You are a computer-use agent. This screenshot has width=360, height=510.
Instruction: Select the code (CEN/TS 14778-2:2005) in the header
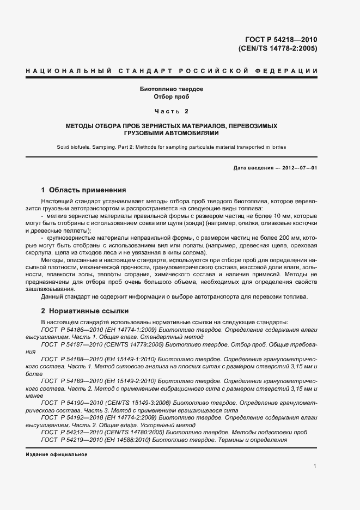(278, 48)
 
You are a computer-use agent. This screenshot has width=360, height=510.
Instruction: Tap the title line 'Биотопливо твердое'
(172, 89)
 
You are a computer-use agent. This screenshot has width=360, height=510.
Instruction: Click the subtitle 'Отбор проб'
(172, 96)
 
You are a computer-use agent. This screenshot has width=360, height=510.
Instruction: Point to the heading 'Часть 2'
(172, 112)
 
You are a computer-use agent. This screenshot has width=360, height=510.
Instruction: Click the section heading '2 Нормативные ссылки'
(85, 311)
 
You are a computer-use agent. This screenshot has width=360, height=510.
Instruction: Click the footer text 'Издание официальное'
(56, 454)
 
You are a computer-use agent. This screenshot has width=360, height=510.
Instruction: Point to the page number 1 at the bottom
(315, 466)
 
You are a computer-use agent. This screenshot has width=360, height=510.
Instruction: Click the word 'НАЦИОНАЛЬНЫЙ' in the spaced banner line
(65, 71)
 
